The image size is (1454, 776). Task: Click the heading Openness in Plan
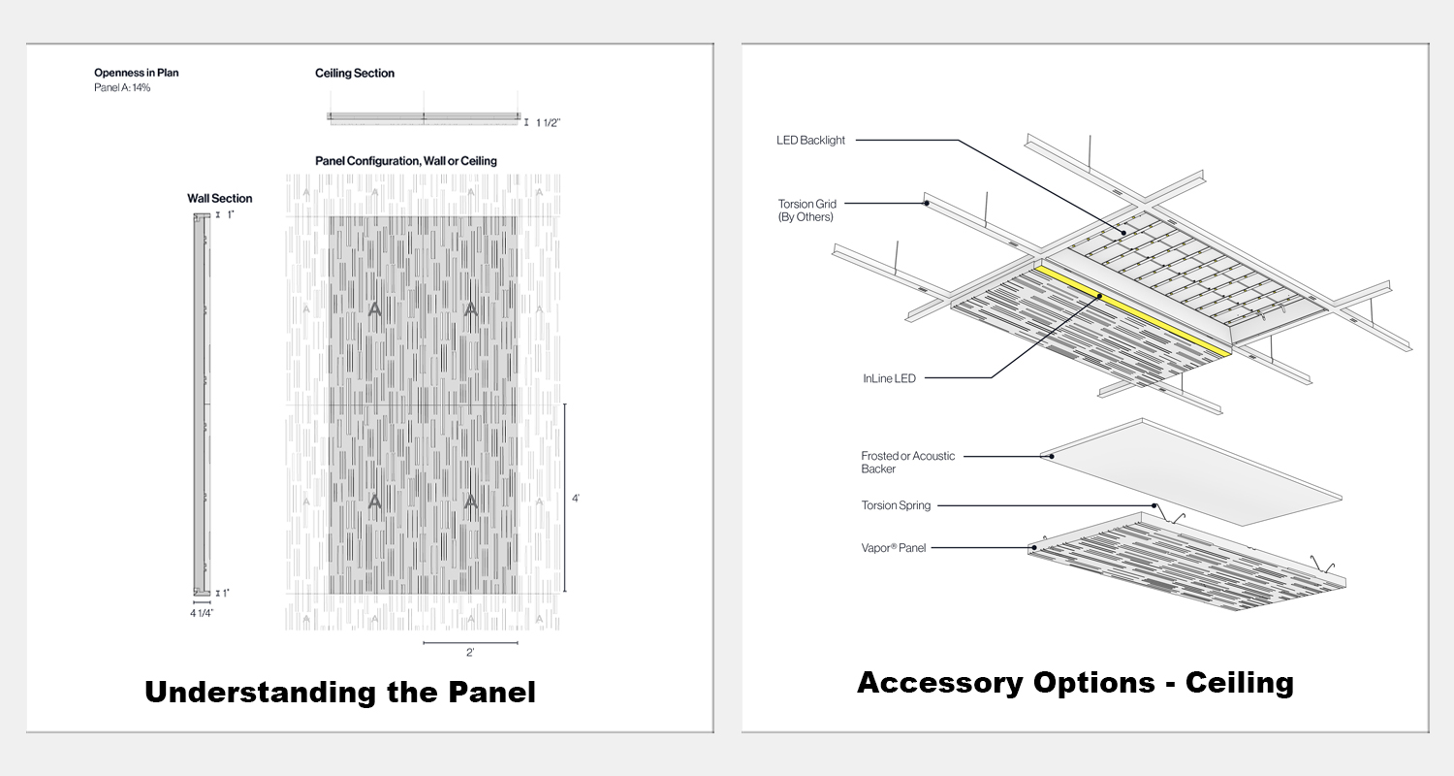click(137, 73)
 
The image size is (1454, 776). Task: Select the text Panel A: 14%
click(122, 87)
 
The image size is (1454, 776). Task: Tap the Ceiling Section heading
click(355, 74)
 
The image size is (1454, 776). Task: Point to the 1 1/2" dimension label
click(548, 123)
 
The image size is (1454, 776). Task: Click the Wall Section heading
click(219, 199)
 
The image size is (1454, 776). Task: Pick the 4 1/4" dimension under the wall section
click(202, 613)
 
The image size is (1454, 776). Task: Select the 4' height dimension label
click(576, 499)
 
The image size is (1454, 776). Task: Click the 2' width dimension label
click(470, 653)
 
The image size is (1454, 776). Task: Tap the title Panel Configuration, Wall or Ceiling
click(406, 161)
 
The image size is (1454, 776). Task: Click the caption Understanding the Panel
click(340, 692)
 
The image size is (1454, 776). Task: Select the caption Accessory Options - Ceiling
click(1076, 683)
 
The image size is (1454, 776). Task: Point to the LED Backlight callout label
click(810, 141)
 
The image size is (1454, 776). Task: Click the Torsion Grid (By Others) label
click(806, 210)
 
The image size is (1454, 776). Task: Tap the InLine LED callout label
click(889, 378)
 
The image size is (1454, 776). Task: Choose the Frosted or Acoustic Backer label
click(907, 463)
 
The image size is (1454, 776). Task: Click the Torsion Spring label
click(896, 505)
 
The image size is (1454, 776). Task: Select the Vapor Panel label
click(893, 548)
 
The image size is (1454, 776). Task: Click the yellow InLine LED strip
click(1133, 310)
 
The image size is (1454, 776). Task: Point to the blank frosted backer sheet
click(1191, 472)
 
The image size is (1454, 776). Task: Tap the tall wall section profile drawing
click(202, 404)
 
